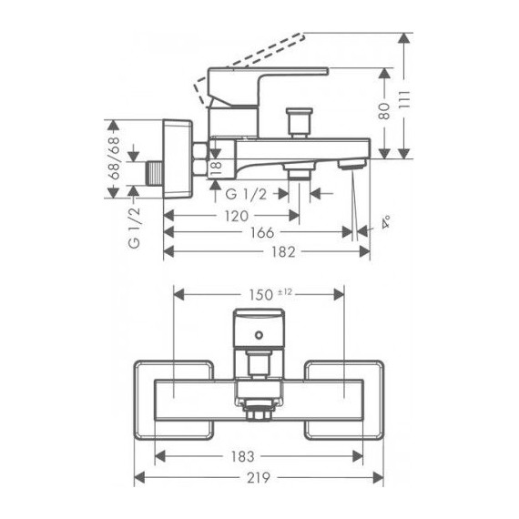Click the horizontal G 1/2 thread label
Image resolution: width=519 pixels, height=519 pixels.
click(246, 193)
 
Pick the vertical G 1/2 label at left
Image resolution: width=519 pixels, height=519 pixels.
click(134, 228)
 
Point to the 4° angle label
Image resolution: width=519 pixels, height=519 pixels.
click(386, 221)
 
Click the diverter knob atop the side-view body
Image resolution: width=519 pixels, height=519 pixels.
click(298, 119)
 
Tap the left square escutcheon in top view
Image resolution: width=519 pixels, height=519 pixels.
click(173, 394)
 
